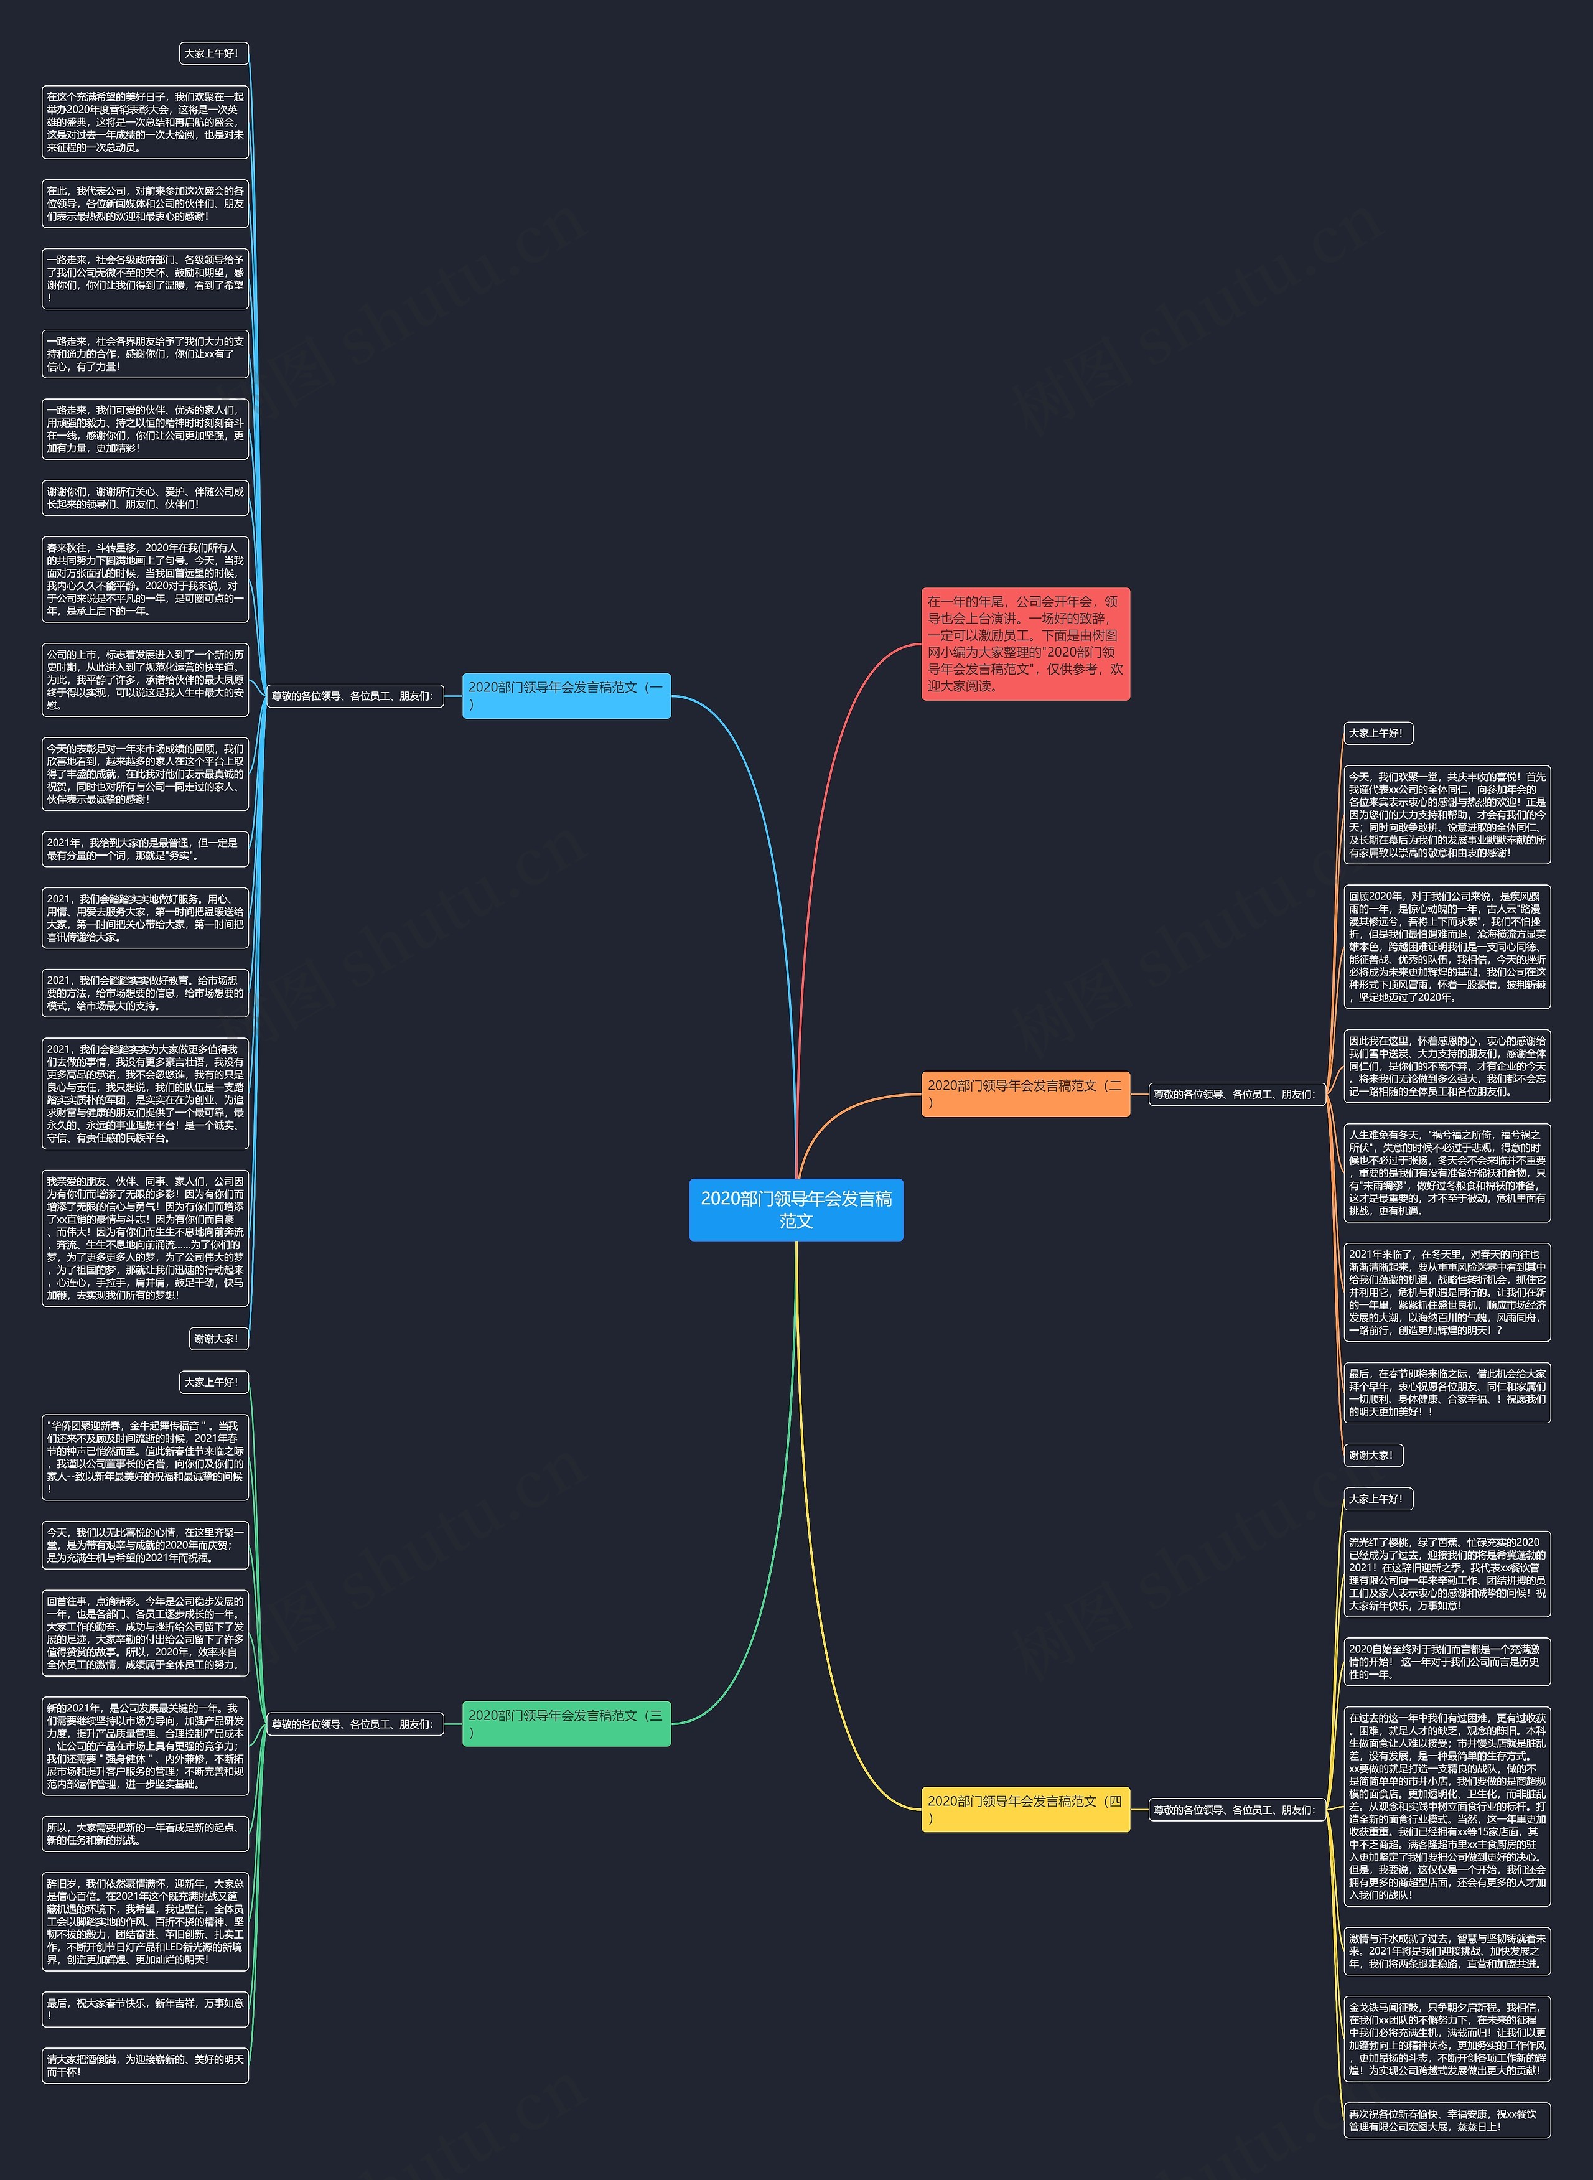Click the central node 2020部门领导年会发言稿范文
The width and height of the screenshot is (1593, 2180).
coord(795,1209)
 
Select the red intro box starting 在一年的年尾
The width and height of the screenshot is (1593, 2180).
coord(1025,643)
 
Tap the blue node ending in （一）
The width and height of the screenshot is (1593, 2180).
coord(566,695)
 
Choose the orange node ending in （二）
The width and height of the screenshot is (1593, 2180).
coord(1025,1093)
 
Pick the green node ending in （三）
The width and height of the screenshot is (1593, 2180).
coord(566,1724)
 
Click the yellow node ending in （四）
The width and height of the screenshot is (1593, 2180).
coord(1025,1810)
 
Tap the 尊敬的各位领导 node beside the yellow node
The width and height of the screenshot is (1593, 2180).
coord(1235,1810)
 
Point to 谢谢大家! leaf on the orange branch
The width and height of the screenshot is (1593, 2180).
coord(1372,1455)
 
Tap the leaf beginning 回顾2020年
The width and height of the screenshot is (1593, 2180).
coord(1446,946)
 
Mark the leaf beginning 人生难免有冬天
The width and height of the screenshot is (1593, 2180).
coord(1446,1172)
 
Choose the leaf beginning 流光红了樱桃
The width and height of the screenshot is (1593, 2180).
coord(1446,1573)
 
